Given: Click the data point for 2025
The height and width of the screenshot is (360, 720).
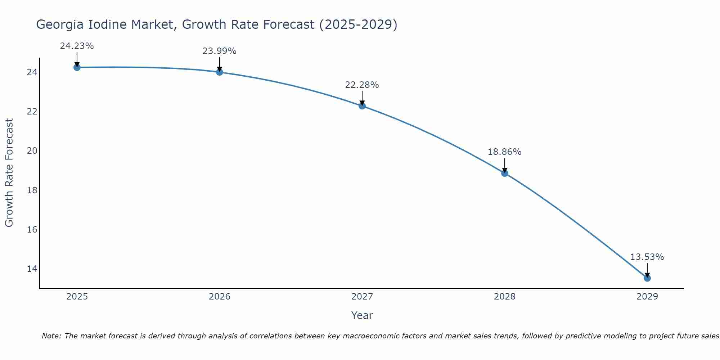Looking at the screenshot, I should pyautogui.click(x=77, y=67).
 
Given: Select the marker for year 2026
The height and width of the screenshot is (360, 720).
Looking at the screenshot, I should pyautogui.click(x=220, y=72).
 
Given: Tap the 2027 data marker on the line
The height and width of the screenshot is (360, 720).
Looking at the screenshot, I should pyautogui.click(x=362, y=106).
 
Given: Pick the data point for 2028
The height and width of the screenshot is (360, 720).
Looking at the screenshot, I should pyautogui.click(x=505, y=173).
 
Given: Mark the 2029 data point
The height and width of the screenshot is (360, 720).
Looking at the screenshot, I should pyautogui.click(x=647, y=278).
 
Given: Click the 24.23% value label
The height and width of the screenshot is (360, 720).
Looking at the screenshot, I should pyautogui.click(x=77, y=46).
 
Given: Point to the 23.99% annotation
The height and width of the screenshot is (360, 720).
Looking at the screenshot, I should pyautogui.click(x=219, y=51).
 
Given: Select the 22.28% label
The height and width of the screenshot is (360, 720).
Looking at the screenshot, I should pyautogui.click(x=362, y=85).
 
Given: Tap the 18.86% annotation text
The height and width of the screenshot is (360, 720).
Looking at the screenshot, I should pyautogui.click(x=504, y=152).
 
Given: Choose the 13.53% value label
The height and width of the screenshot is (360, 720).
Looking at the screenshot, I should pyautogui.click(x=647, y=257).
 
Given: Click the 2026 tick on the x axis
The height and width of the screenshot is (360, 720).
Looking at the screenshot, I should pyautogui.click(x=220, y=297).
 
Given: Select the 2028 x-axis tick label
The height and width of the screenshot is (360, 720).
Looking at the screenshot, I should pyautogui.click(x=505, y=297).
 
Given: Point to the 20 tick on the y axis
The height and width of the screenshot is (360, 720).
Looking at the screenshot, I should pyautogui.click(x=32, y=151).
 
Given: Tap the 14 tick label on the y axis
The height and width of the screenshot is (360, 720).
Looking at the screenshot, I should pyautogui.click(x=32, y=269).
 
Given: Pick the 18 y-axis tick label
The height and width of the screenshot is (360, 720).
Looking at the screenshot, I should pyautogui.click(x=32, y=190).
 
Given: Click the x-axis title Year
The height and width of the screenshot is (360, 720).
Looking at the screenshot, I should pyautogui.click(x=362, y=315).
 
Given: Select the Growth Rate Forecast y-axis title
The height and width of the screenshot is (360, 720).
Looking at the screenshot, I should pyautogui.click(x=9, y=173).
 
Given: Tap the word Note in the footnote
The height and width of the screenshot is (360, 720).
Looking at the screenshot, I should pyautogui.click(x=51, y=336).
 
